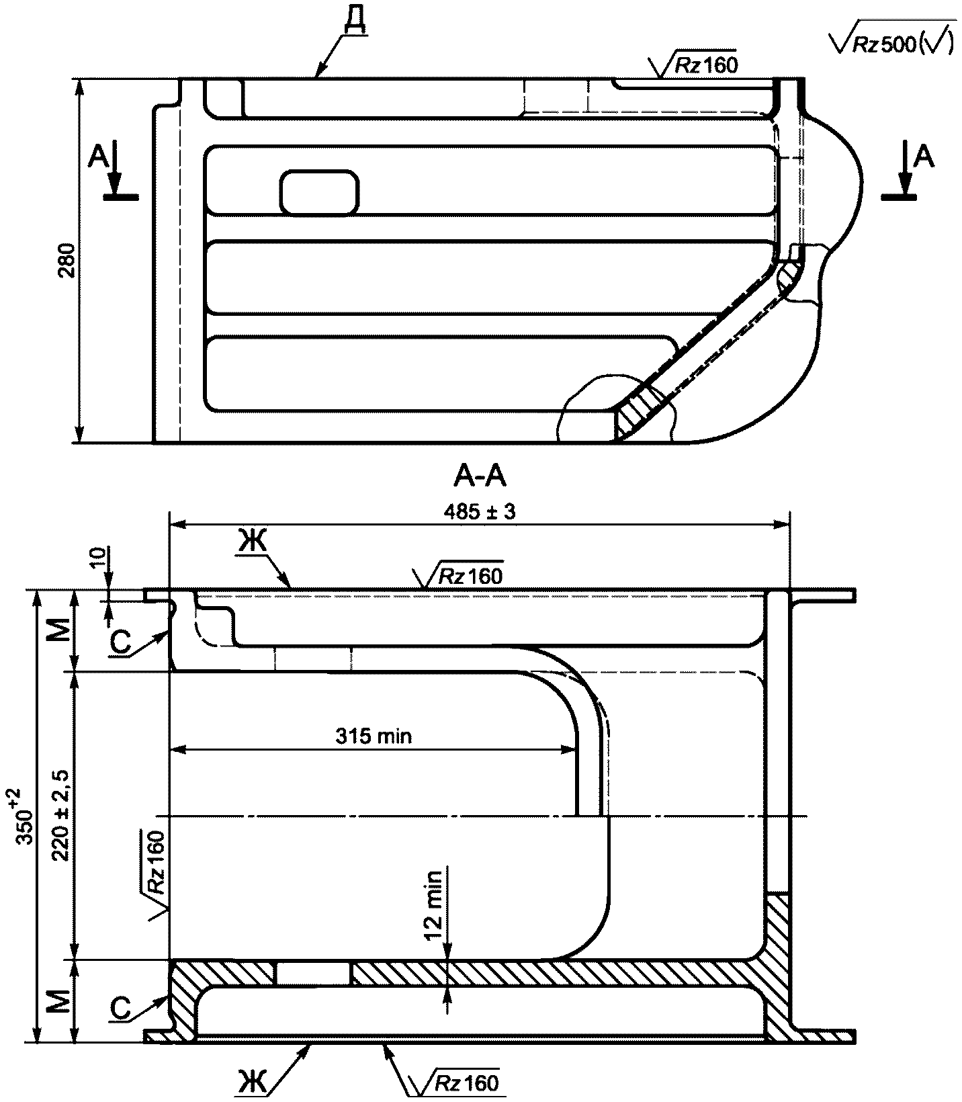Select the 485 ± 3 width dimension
(x=479, y=511)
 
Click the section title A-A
(x=480, y=476)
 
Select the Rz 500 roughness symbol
(x=893, y=42)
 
